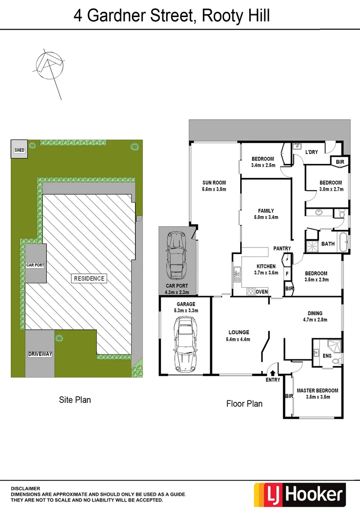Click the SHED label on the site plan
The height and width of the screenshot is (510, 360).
coord(19,150)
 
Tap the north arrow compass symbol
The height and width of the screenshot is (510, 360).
coord(50,66)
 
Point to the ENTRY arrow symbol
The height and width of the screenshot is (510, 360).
coord(273,373)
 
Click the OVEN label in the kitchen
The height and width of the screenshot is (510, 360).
coord(262,292)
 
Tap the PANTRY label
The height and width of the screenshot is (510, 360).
coord(283,248)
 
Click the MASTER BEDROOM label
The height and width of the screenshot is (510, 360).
coord(317,391)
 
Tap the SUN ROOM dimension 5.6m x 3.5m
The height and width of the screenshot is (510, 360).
coord(214,189)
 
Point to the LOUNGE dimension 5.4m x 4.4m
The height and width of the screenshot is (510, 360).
coord(238,339)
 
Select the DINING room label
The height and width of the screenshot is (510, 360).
coord(315,313)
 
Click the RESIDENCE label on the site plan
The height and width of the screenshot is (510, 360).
coord(89,279)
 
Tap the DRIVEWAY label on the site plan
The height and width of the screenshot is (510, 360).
coord(40,354)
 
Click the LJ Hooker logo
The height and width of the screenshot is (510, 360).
coord(300,494)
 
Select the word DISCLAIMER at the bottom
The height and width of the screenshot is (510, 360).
coord(26,488)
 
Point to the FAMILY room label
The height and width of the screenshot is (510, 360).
coord(266,211)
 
